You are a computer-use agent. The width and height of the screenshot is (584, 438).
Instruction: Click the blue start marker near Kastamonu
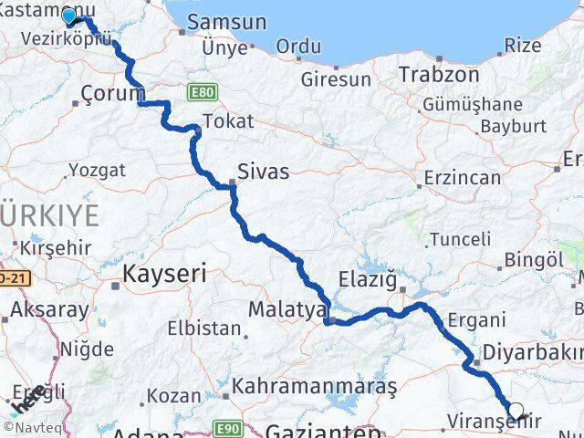click(68, 16)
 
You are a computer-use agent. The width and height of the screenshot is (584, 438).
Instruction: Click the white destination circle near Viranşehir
click(516, 412)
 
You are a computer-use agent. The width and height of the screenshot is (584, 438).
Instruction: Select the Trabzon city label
click(438, 74)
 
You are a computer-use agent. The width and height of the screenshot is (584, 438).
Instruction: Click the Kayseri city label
click(164, 272)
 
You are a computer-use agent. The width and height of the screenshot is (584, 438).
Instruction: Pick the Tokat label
click(228, 120)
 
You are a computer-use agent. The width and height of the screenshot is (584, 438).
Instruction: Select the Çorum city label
click(113, 92)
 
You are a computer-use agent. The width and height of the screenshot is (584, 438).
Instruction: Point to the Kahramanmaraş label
click(315, 386)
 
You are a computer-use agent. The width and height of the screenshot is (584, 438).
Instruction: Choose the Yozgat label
click(95, 170)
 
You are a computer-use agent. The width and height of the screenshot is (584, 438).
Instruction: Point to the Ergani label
click(477, 320)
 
